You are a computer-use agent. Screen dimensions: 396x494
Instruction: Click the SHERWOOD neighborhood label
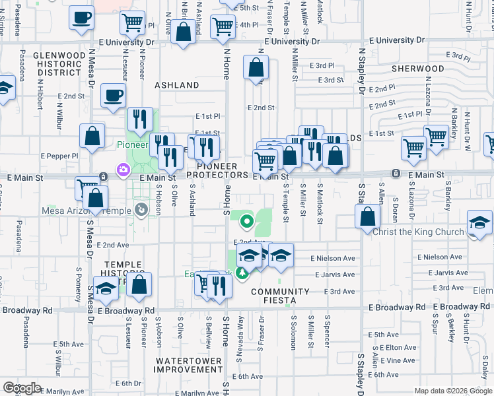pyautogui.click(x=417, y=69)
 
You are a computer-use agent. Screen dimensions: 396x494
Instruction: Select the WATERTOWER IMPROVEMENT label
pyautogui.click(x=190, y=365)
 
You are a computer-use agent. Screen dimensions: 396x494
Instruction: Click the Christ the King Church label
pyautogui.click(x=419, y=232)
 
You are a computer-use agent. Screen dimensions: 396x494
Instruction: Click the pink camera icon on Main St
pyautogui.click(x=123, y=170)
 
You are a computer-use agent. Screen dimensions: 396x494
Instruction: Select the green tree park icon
pyautogui.click(x=243, y=273)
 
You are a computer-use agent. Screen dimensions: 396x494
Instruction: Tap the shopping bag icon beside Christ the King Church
pyautogui.click(x=367, y=216)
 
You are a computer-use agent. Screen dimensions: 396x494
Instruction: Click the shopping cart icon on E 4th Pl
pyautogui.click(x=223, y=26)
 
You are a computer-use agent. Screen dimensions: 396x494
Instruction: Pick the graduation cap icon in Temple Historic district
pyautogui.click(x=105, y=288)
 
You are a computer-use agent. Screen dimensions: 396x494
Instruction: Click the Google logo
pyautogui.click(x=22, y=388)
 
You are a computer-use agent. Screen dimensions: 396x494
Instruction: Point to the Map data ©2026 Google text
pyautogui.click(x=453, y=391)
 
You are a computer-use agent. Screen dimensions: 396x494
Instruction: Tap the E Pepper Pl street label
pyautogui.click(x=59, y=156)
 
